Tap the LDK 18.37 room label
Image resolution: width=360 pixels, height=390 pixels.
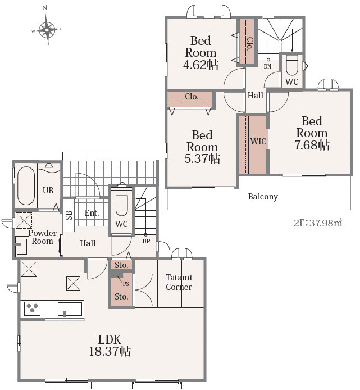[x=110, y=346]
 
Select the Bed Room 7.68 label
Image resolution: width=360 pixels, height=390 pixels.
[x=312, y=133]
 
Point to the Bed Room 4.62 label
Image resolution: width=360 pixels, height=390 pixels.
[x=201, y=53]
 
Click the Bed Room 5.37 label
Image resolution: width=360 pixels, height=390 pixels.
[x=202, y=147]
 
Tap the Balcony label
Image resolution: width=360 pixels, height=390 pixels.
[x=263, y=197]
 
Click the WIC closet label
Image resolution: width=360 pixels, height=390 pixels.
[x=258, y=141]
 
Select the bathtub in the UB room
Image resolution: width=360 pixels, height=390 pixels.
[x=26, y=185]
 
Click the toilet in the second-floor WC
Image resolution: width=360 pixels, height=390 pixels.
[x=291, y=65]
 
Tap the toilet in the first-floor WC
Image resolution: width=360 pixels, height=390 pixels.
[x=121, y=206]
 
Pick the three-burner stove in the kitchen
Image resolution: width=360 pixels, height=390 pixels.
[x=33, y=309]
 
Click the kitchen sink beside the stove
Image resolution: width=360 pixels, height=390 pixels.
[x=70, y=309]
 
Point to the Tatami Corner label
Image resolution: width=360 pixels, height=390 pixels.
[x=179, y=282]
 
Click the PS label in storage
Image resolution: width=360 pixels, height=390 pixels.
[x=126, y=284]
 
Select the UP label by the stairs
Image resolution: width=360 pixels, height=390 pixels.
[x=146, y=241]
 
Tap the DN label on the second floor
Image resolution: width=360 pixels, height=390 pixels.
[x=267, y=66]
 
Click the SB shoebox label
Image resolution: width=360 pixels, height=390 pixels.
[x=69, y=215]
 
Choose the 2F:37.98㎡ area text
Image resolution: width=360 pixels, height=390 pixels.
[x=318, y=223]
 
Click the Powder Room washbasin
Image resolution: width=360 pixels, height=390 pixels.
[x=21, y=246]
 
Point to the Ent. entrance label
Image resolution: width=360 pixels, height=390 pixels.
[x=92, y=213]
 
